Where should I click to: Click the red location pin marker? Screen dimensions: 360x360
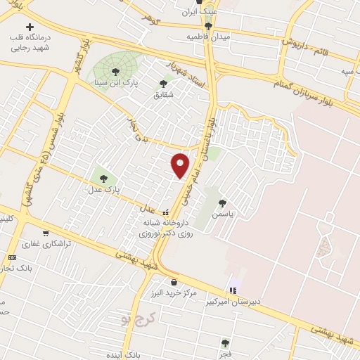click(x=181, y=165)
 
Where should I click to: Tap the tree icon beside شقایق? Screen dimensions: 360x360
click(x=163, y=82)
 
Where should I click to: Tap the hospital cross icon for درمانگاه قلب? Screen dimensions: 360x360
click(x=29, y=26)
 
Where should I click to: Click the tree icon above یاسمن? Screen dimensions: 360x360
click(x=223, y=202)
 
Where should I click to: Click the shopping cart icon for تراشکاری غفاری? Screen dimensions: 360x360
click(x=46, y=233)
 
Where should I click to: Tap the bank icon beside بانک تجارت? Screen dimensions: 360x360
click(x=12, y=258)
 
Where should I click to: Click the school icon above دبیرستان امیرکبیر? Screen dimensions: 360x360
click(x=233, y=290)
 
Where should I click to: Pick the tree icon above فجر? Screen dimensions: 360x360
click(x=225, y=343)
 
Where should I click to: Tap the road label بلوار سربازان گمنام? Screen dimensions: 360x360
click(x=314, y=89)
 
